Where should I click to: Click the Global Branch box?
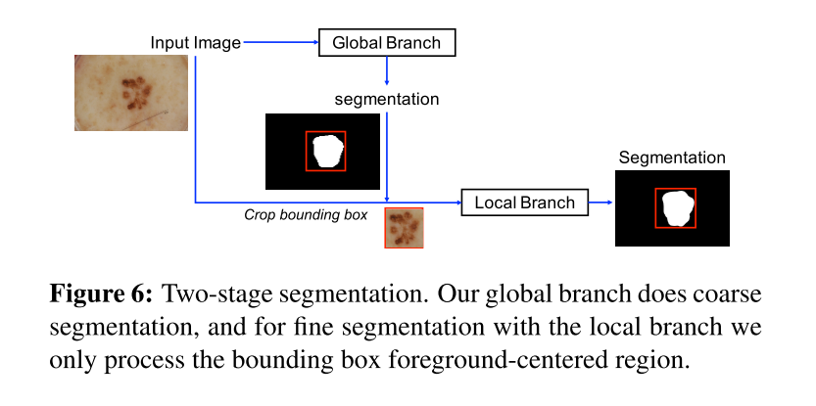click(387, 43)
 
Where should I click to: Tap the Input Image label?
click(195, 43)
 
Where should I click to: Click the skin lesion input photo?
click(131, 92)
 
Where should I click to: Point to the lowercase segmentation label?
click(386, 99)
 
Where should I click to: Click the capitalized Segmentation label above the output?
click(672, 158)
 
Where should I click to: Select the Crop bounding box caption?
click(306, 212)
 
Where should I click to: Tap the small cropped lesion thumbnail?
click(403, 227)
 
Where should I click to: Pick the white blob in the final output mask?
click(675, 207)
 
